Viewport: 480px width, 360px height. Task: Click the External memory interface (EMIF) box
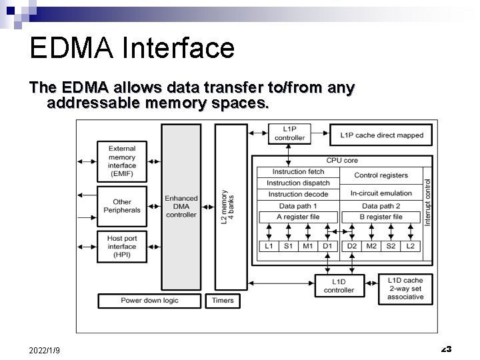tap(122, 161)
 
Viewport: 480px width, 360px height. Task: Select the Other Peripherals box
tap(122, 205)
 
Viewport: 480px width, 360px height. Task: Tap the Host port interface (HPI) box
tap(122, 246)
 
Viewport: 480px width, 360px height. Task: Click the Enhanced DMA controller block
tap(181, 207)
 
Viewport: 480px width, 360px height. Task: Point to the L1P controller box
tap(289, 133)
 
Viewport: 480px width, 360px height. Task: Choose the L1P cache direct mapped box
tap(381, 135)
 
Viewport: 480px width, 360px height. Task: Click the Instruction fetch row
tap(298, 172)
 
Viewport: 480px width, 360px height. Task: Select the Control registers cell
tap(381, 175)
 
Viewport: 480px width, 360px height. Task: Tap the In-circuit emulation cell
tap(381, 193)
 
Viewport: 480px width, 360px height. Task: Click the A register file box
tap(298, 217)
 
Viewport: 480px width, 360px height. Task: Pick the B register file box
tap(381, 217)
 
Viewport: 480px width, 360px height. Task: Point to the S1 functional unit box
tap(288, 247)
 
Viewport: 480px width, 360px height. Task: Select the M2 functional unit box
tap(371, 247)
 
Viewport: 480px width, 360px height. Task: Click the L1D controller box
tap(339, 285)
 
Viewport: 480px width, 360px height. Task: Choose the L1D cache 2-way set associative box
tap(405, 288)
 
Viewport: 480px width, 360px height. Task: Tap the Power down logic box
tap(149, 301)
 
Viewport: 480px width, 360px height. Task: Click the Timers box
tap(223, 301)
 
